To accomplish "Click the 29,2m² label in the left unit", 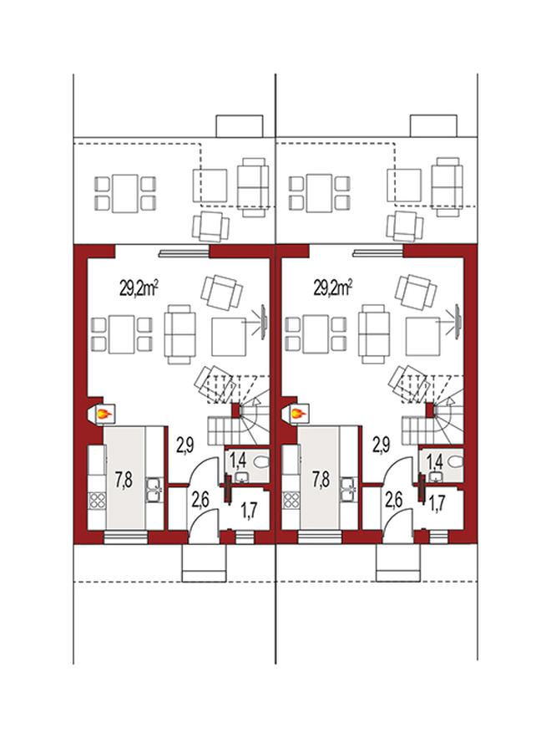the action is pos(139,288).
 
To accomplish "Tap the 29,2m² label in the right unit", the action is pos(333,288).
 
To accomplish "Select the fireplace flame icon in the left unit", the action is pos(104,415).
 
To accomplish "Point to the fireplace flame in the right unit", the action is pos(298,415).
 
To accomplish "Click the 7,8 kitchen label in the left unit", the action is pos(124,480).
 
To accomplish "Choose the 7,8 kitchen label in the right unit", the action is pos(321,480).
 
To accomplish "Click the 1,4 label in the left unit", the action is pos(239,461).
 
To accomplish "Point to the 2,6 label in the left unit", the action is pos(200,500).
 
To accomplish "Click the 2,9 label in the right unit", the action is pos(382,445).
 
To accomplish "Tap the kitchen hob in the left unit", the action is pos(97,500).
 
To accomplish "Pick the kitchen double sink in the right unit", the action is pos(348,490).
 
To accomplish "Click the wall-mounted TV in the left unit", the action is pos(264,323).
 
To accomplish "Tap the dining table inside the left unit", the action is pos(122,334).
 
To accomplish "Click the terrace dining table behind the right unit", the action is pos(319,193).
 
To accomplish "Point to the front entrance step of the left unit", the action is pos(204,562).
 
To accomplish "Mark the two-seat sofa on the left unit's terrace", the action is pos(253,187).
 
